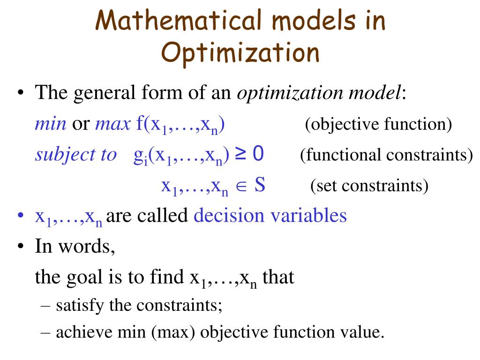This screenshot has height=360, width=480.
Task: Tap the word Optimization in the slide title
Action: point(240,52)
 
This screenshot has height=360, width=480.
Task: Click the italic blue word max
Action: point(112,124)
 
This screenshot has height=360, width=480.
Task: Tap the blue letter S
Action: point(260,186)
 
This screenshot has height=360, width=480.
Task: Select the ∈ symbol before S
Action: point(241,187)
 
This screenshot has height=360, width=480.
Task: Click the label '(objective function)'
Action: point(378,125)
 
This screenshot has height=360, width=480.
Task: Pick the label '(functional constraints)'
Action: point(386,155)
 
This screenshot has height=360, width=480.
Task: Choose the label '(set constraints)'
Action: point(369,186)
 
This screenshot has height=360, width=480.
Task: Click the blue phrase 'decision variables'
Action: point(270,216)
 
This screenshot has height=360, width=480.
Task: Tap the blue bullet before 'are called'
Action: point(20,216)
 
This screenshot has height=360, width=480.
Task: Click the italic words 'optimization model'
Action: point(319,93)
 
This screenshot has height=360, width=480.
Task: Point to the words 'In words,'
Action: point(75,247)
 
